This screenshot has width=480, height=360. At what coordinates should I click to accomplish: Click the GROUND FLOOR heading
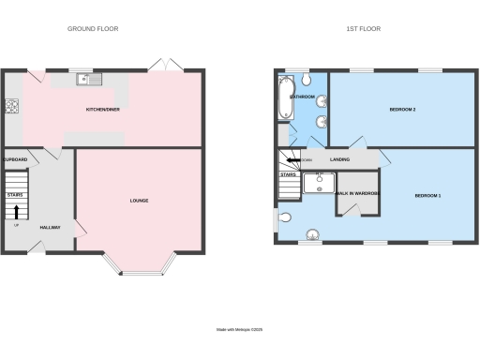[x=92, y=29]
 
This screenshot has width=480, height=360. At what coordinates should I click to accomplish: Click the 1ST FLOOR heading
[x=363, y=29]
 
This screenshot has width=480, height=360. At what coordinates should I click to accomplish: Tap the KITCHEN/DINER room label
[x=103, y=110]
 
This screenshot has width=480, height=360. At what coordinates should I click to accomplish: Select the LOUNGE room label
[x=139, y=201]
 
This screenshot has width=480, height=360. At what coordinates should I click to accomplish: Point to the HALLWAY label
[x=50, y=228]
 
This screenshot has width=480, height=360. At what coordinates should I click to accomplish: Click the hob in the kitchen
[x=13, y=106]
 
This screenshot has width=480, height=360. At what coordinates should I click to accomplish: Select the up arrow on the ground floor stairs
[x=16, y=211]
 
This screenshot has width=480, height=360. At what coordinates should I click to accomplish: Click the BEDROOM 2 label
[x=402, y=111]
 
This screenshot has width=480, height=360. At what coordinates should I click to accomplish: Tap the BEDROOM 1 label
[x=427, y=195]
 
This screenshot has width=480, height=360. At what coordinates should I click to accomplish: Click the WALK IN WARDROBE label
[x=358, y=191]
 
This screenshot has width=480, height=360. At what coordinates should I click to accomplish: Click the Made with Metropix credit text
[x=240, y=329]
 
